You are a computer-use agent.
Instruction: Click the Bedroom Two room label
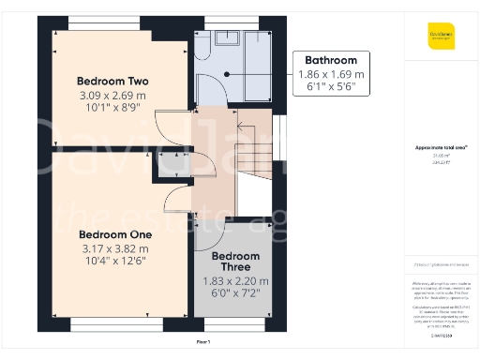pyautogui.click(x=112, y=81)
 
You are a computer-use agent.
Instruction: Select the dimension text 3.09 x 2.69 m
pyautogui.click(x=112, y=95)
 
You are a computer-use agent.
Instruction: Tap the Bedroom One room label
pyautogui.click(x=114, y=233)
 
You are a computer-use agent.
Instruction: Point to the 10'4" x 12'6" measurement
pyautogui.click(x=114, y=262)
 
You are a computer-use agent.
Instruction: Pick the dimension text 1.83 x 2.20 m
pyautogui.click(x=235, y=280)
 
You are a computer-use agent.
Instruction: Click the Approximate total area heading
pyautogui.click(x=441, y=147)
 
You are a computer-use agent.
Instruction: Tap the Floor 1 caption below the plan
pyautogui.click(x=203, y=343)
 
